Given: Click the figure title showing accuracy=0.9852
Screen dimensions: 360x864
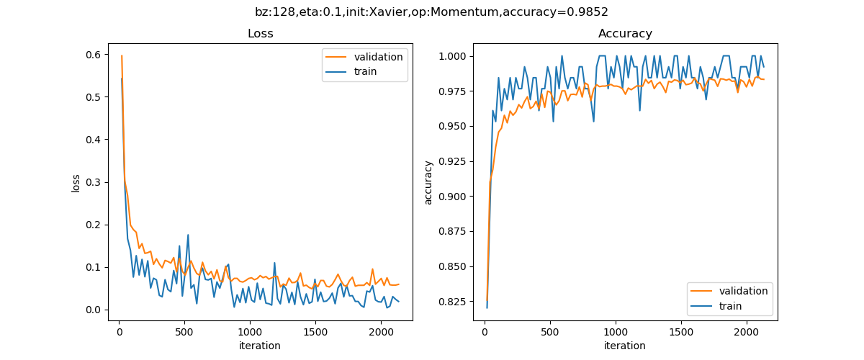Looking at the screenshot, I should pos(431,12).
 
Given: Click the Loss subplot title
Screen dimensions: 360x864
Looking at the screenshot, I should pos(260,34).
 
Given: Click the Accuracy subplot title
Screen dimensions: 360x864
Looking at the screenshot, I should pos(625,34).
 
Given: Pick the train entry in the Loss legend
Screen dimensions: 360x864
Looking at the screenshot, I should pos(365,71).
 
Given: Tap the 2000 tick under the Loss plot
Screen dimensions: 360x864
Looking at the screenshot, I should pos(380,332).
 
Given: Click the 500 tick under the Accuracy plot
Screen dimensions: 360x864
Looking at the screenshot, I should pos(549,332).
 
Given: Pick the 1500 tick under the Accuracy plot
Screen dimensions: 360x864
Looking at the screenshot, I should pos(681,332).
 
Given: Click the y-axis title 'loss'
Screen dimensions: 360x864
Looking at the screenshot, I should pos(76,182).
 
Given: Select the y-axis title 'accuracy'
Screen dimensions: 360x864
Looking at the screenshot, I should pos(428,182).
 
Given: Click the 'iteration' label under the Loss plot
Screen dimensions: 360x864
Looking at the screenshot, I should pos(260,346).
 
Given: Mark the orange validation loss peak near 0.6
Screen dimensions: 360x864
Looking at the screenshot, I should pos(122,55).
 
